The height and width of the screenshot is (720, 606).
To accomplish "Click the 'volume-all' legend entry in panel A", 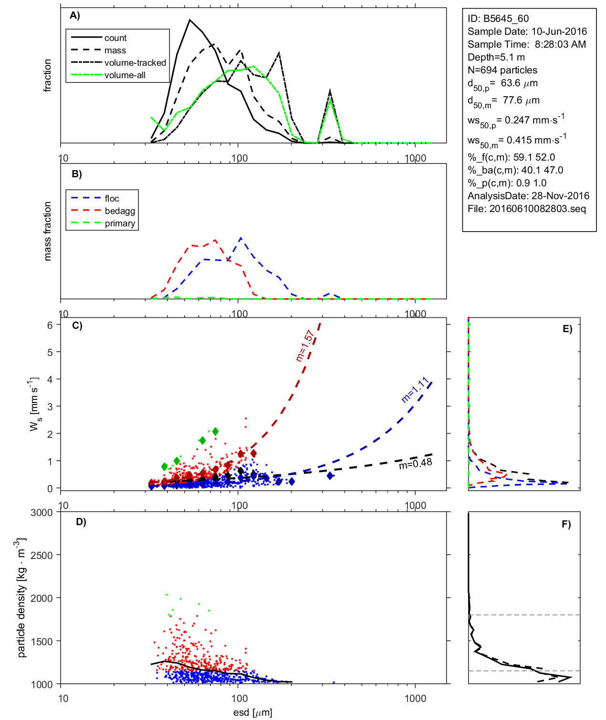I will coord(125,75).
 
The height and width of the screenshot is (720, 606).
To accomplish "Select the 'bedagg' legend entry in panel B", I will coord(120,211).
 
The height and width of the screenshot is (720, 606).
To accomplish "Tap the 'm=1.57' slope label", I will coord(304,346).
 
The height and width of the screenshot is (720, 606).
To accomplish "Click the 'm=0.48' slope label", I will coord(415,463).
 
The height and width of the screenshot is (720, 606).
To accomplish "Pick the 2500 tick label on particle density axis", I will coord(42,555).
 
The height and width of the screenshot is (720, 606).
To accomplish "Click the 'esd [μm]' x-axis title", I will coord(252,712).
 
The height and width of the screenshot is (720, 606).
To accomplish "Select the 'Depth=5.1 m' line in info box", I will coord(496,57).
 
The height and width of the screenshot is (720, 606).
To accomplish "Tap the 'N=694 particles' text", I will coord(502,70).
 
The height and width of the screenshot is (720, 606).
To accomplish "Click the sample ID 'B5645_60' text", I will coord(506,19).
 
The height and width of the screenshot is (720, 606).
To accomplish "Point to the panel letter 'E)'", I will coord(567,329).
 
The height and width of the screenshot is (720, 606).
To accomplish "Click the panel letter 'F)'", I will coord(566,524).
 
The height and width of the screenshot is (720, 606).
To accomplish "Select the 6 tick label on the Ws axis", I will coord(50,325).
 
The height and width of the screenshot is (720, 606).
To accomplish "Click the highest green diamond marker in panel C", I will coord(215,431).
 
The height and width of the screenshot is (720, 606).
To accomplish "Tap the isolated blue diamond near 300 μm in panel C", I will coord(330,476).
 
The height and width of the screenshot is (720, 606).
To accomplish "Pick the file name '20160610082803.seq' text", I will coord(537,209).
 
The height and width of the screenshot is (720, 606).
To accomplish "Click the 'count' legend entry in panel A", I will coord(115,38).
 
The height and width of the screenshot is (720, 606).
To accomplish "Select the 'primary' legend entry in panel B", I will coord(120,223).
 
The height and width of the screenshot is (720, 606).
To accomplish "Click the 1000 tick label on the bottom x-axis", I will coord(415,699).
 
